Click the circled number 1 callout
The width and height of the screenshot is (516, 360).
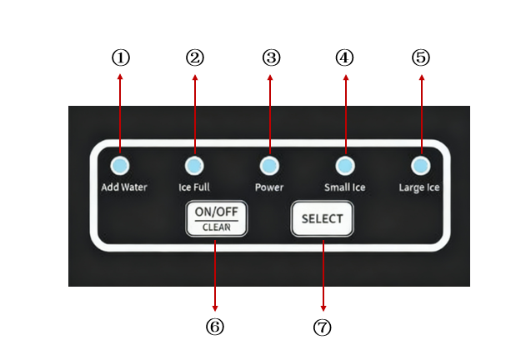tap(121, 57)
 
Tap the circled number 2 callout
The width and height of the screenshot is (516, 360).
tap(195, 57)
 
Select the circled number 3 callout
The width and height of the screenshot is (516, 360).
tap(271, 57)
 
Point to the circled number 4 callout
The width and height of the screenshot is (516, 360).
tap(345, 57)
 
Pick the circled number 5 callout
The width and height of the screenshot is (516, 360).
tap(421, 57)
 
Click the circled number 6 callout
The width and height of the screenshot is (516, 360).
tap(215, 327)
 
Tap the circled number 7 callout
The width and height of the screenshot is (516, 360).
tap(323, 327)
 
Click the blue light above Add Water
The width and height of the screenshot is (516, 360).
tap(120, 165)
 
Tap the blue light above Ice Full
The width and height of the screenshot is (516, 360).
tap(194, 165)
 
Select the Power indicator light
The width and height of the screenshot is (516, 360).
tap(269, 165)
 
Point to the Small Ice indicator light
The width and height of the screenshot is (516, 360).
tap(345, 165)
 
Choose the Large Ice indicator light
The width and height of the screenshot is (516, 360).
tap(420, 165)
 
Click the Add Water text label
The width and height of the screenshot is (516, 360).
tap(124, 187)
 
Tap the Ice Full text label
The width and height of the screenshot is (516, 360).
tap(194, 187)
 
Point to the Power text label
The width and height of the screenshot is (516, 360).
tap(269, 187)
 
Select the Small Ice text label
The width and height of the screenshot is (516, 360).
tap(344, 187)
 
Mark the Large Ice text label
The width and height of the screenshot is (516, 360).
tap(419, 187)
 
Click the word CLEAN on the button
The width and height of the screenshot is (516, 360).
tap(216, 227)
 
